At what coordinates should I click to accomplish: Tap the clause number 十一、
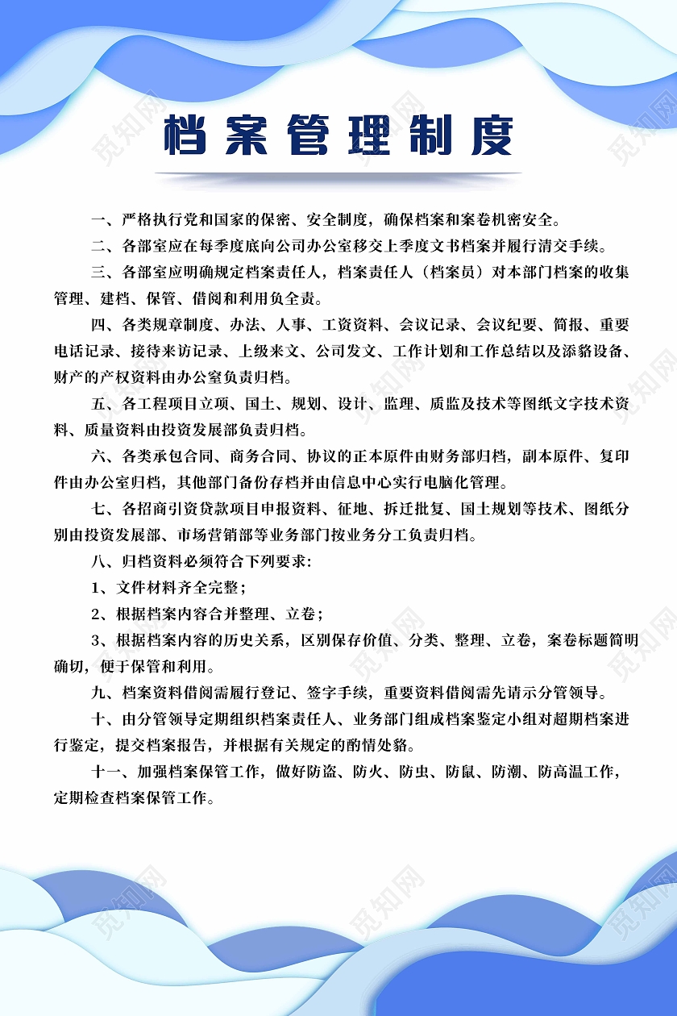[110, 772]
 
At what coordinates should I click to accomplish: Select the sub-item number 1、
[102, 587]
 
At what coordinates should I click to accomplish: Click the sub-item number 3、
[102, 640]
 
